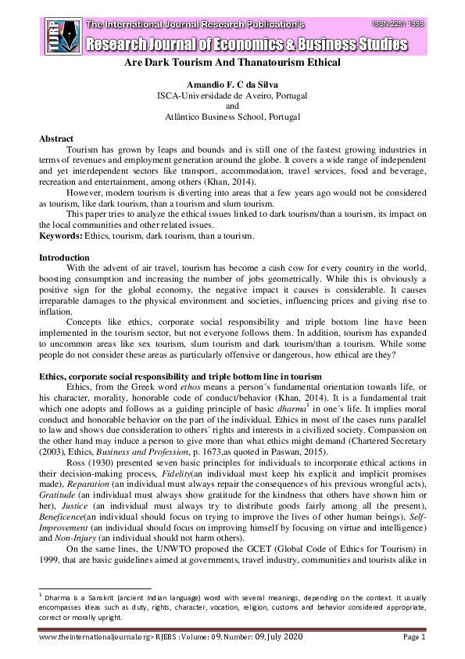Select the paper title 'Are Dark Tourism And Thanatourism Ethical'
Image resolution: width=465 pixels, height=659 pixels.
232,63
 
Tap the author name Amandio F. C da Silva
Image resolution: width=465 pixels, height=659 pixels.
232,84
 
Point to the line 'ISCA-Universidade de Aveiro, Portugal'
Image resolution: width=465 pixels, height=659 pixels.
232,95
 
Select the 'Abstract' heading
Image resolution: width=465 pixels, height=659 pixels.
56,139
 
